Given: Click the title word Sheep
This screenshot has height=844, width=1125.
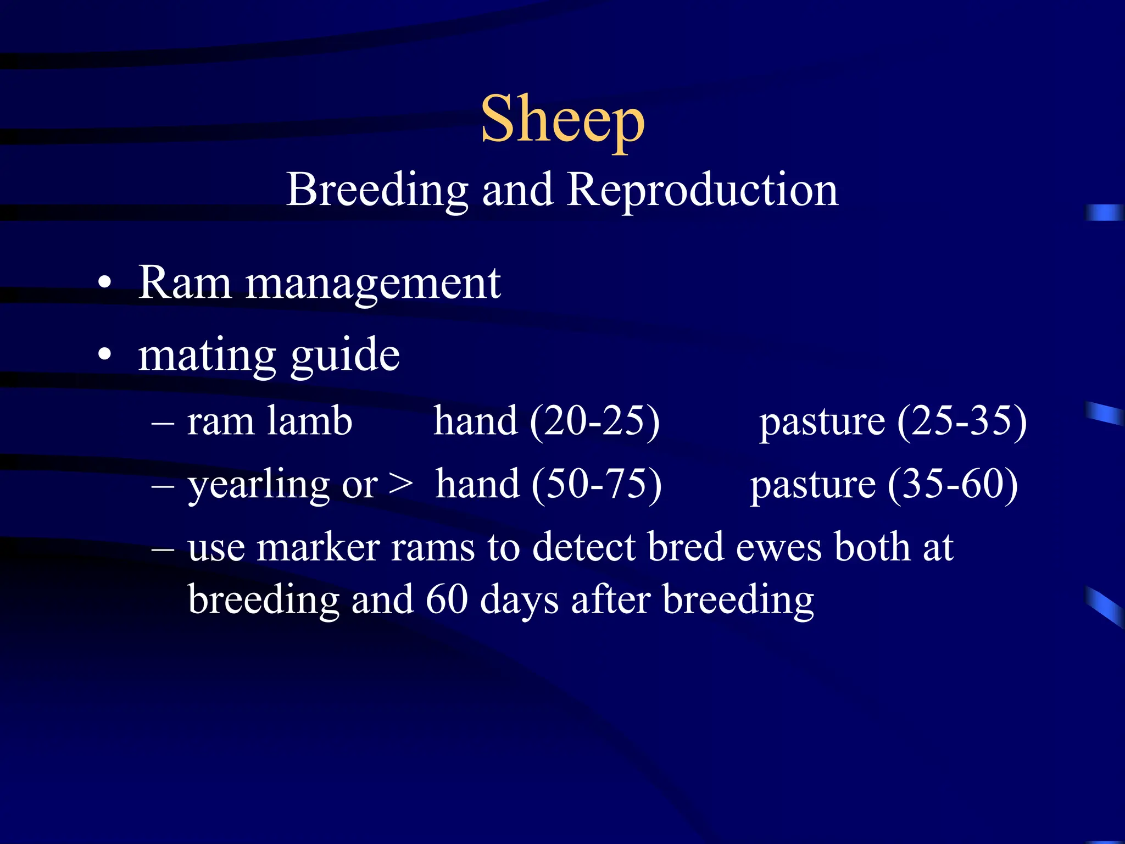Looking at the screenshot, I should (562, 120).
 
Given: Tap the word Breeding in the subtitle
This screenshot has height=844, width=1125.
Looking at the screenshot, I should (377, 190).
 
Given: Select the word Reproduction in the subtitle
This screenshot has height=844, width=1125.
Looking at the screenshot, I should (702, 190).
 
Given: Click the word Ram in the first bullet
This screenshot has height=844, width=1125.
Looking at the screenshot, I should (185, 283).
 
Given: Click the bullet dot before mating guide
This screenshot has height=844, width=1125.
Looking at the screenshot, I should (104, 354).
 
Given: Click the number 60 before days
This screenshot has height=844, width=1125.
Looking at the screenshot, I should (447, 599).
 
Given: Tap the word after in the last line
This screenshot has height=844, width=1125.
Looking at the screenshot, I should (611, 599).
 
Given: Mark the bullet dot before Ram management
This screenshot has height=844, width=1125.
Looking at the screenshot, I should (104, 284).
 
